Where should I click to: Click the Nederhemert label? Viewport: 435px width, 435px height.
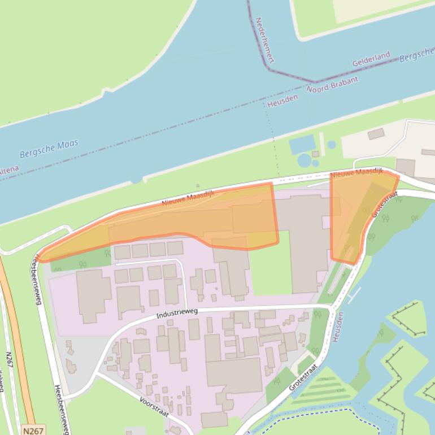click(264, 40)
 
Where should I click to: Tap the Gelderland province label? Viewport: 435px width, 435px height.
click(371, 59)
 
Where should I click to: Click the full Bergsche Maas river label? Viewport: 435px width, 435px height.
click(49, 149)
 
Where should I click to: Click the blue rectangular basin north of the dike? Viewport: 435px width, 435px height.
click(302, 144)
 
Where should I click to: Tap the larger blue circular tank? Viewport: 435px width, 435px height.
click(305, 160)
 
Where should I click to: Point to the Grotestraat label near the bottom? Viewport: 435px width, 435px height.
click(303, 377)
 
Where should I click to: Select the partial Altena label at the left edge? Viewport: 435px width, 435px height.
click(8, 169)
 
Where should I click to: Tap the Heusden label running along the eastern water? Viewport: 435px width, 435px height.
click(338, 325)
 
